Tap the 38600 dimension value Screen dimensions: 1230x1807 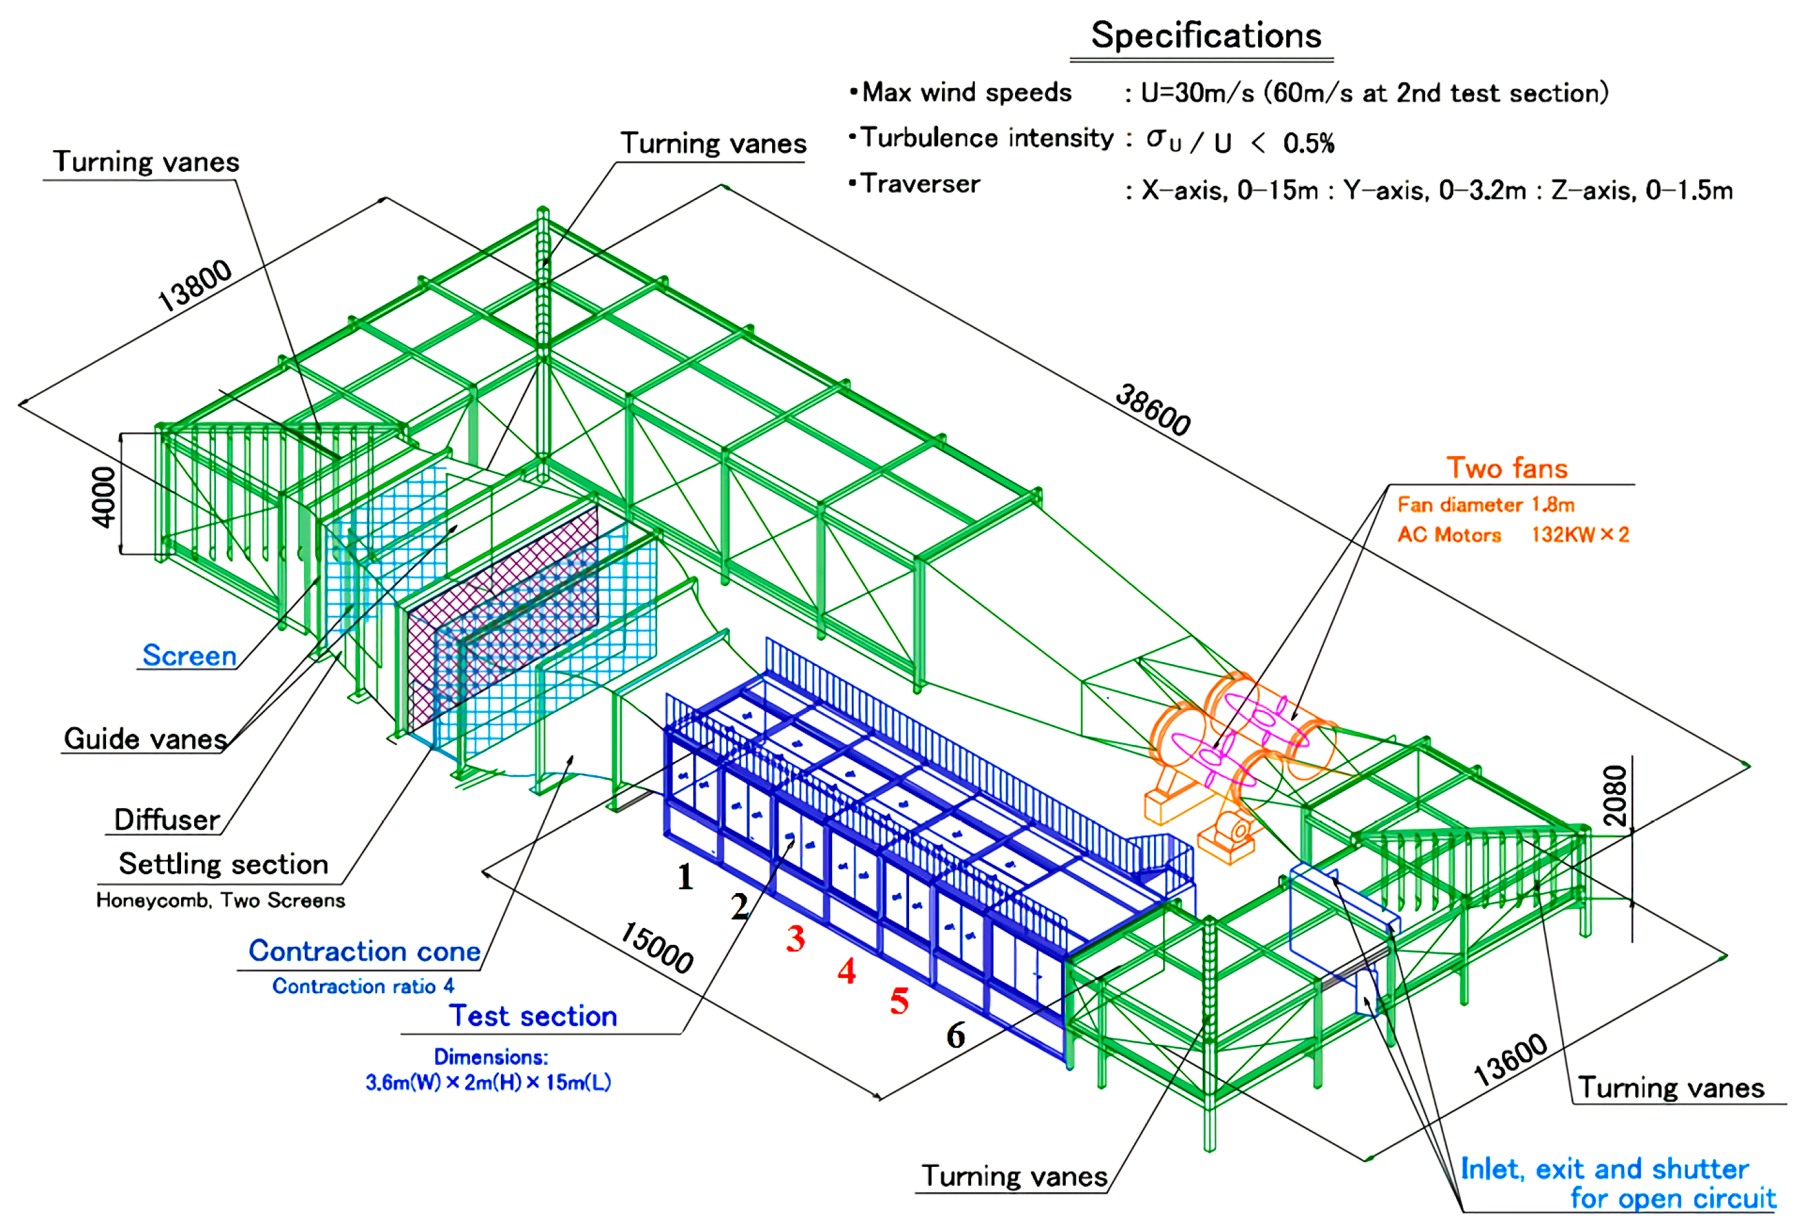(1152, 410)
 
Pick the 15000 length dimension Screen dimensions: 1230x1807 (657, 947)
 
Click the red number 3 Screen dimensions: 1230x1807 (795, 938)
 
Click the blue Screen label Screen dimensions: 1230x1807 (189, 655)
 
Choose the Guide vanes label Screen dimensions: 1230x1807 (145, 738)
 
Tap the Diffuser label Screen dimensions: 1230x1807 (167, 819)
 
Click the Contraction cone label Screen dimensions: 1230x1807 (364, 951)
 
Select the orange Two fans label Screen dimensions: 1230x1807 (1506, 468)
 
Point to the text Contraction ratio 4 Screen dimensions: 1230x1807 (362, 986)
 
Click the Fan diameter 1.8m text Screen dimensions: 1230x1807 (1485, 505)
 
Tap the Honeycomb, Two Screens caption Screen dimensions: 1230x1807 (220, 900)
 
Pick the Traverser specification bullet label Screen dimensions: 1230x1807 (919, 184)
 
